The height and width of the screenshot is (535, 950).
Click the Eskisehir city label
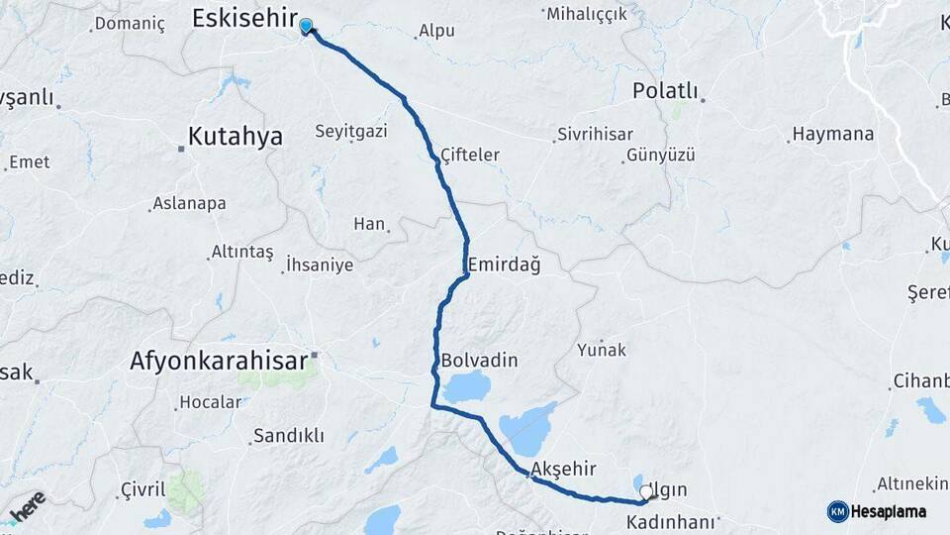click(x=243, y=18)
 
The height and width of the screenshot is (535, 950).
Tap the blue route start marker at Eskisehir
click(x=307, y=27)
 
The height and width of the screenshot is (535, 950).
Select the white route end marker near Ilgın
click(x=646, y=491)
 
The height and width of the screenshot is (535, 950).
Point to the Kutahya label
click(x=236, y=136)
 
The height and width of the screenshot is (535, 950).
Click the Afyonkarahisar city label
click(x=219, y=362)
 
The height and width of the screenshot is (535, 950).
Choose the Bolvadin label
click(x=480, y=360)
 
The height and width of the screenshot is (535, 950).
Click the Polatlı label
click(x=664, y=91)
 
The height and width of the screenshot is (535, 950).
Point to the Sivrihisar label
click(x=593, y=133)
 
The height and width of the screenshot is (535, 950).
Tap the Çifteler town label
click(x=470, y=155)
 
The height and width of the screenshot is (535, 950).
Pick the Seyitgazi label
click(x=351, y=132)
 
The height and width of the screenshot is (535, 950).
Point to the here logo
click(x=27, y=506)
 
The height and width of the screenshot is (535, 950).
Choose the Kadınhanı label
click(x=671, y=521)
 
